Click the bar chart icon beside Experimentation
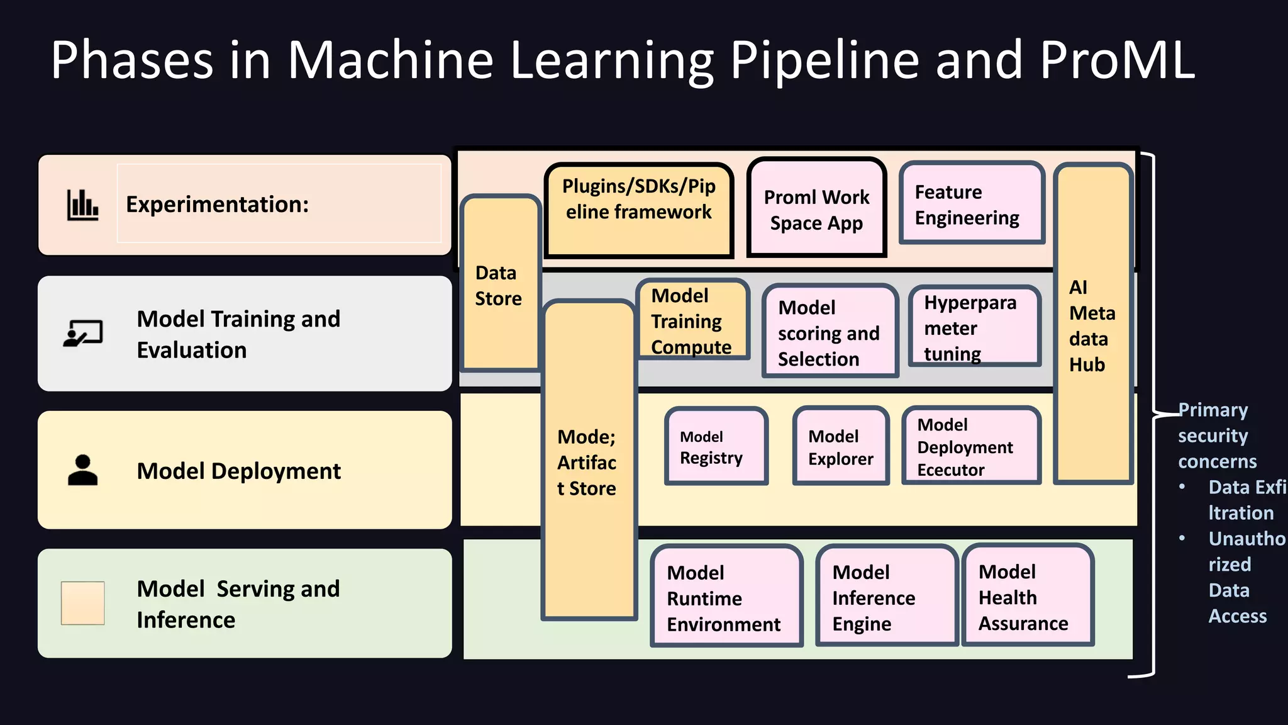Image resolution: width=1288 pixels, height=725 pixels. tap(82, 205)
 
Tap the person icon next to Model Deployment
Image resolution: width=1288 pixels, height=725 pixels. tap(82, 470)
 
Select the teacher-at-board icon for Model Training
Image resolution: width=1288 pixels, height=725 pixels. tap(82, 334)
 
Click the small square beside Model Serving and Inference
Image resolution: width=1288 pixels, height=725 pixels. tap(82, 603)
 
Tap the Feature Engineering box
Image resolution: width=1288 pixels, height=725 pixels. tap(971, 204)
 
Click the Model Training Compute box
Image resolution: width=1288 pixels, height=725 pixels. tap(692, 320)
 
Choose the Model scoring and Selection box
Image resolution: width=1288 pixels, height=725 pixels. tap(829, 332)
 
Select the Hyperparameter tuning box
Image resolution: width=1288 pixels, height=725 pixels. tap(974, 327)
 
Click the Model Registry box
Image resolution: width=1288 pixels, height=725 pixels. tap(716, 446)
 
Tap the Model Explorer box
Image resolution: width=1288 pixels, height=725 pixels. tap(840, 447)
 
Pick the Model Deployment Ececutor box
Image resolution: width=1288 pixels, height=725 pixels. tap(970, 446)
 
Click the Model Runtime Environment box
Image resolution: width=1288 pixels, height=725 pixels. tap(726, 597)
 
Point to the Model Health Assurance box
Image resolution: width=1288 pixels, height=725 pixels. tap(1027, 597)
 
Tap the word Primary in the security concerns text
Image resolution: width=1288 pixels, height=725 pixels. tap(1213, 410)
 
